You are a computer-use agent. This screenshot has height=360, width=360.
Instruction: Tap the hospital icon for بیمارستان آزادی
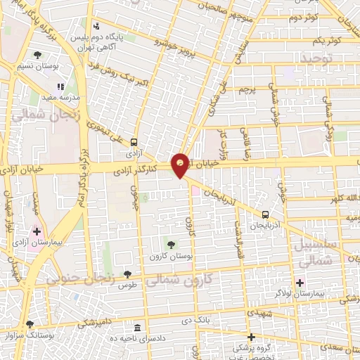click(x=37, y=231)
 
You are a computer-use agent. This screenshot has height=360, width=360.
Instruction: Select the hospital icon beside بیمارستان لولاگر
click(x=300, y=283)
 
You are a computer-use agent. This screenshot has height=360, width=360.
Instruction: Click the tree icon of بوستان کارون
click(x=171, y=245)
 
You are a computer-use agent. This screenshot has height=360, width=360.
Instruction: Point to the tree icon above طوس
click(x=127, y=275)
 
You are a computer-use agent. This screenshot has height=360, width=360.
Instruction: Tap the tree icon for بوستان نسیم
click(x=37, y=55)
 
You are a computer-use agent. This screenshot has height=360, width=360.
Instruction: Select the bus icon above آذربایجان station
click(x=266, y=214)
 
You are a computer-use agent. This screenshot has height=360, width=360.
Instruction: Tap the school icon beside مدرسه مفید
click(x=61, y=86)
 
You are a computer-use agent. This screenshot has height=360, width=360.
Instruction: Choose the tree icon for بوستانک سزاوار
click(x=30, y=324)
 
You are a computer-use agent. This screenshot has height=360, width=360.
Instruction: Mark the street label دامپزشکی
click(x=92, y=322)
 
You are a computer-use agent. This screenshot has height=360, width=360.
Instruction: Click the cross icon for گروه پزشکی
click(x=251, y=336)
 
